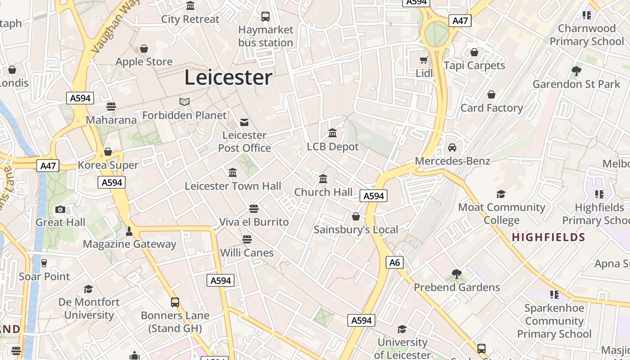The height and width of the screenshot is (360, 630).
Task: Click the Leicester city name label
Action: pyautogui.click(x=228, y=77)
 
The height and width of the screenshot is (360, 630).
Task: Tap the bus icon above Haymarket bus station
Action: pyautogui.click(x=265, y=17)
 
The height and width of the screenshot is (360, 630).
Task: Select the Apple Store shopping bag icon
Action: pyautogui.click(x=144, y=49)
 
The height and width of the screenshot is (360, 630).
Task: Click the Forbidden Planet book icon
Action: pyautogui.click(x=184, y=102)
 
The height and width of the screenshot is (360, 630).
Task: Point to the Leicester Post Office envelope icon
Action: pyautogui.click(x=244, y=122)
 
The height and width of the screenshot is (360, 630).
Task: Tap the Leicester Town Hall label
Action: pyautogui.click(x=233, y=186)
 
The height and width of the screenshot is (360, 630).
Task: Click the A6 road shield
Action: pyautogui.click(x=394, y=262)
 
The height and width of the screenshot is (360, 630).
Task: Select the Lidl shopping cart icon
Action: pyautogui.click(x=423, y=60)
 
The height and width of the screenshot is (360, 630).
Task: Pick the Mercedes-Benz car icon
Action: pyautogui.click(x=452, y=148)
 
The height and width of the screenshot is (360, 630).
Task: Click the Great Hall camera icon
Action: pyautogui.click(x=60, y=210)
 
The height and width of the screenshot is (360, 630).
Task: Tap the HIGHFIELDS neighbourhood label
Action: pyautogui.click(x=549, y=237)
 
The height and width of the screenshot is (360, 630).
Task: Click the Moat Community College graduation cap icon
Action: pyautogui.click(x=501, y=194)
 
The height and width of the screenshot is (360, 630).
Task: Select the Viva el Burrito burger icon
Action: pyautogui.click(x=254, y=209)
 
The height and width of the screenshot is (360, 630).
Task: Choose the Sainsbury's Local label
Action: pyautogui.click(x=356, y=229)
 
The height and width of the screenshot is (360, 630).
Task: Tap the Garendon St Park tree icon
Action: pyautogui.click(x=576, y=71)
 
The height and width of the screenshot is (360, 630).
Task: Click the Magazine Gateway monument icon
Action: pyautogui.click(x=129, y=231)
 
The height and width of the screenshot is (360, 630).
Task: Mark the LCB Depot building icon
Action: pyautogui.click(x=333, y=133)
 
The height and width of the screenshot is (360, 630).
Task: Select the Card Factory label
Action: pyautogui.click(x=491, y=108)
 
